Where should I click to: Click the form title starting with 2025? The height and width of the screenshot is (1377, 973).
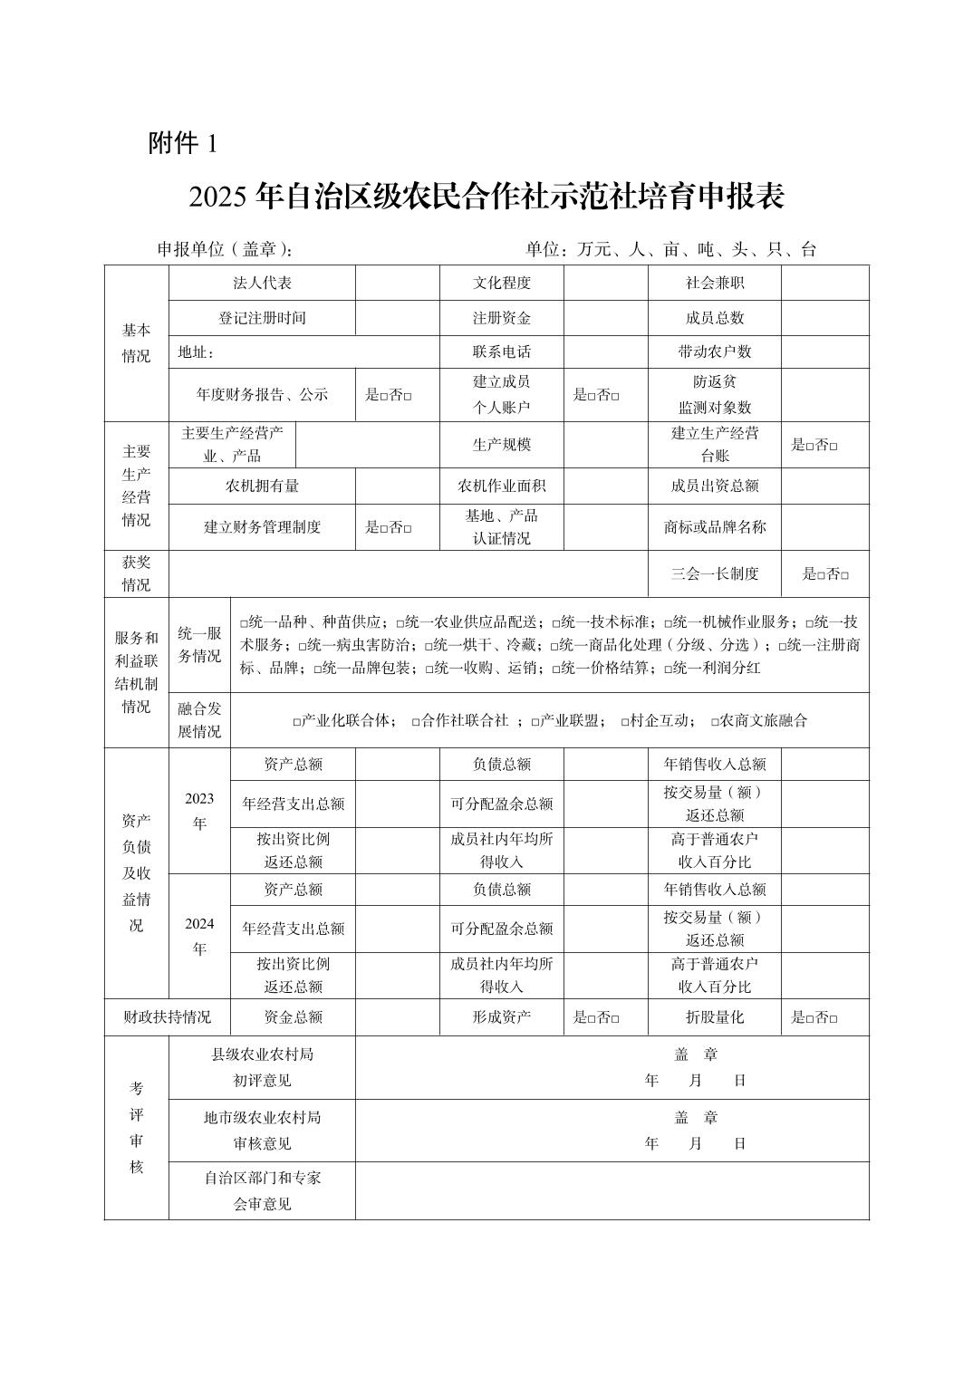[486, 197]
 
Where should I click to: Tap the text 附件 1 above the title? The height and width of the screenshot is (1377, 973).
[183, 143]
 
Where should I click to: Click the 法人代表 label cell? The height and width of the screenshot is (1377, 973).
[262, 283]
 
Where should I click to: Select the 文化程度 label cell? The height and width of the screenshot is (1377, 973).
[501, 283]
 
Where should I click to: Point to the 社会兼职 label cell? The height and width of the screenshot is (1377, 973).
[714, 283]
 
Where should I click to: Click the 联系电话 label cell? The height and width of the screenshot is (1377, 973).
[501, 351]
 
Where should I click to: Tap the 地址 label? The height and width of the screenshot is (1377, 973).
[196, 351]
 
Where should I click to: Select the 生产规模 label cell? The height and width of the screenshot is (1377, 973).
[501, 445]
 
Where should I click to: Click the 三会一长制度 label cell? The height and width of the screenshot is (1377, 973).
[714, 573]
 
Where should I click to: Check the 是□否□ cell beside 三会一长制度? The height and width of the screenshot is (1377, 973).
[824, 573]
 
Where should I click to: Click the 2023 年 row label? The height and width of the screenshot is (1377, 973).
[199, 810]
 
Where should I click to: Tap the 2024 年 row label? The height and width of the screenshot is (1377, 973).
[199, 936]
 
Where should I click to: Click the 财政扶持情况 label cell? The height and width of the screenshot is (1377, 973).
[168, 1017]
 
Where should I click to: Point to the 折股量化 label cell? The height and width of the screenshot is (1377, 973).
[714, 1017]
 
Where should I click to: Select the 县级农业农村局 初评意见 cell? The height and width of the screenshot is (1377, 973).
[262, 1067]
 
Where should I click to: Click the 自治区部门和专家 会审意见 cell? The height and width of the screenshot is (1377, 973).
[262, 1190]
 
